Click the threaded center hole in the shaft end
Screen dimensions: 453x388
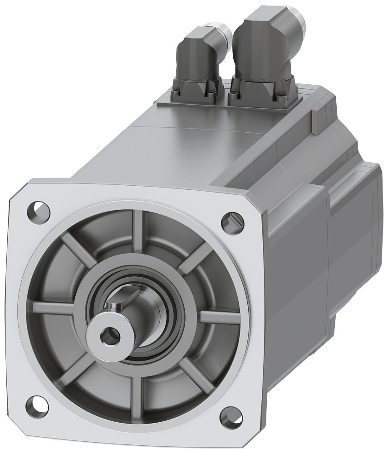[107, 336]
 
